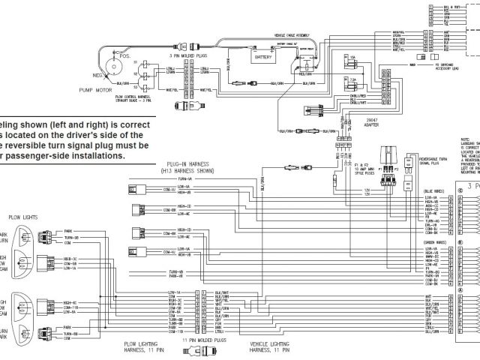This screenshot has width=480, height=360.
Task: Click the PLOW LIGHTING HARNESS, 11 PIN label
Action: click(142, 346)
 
